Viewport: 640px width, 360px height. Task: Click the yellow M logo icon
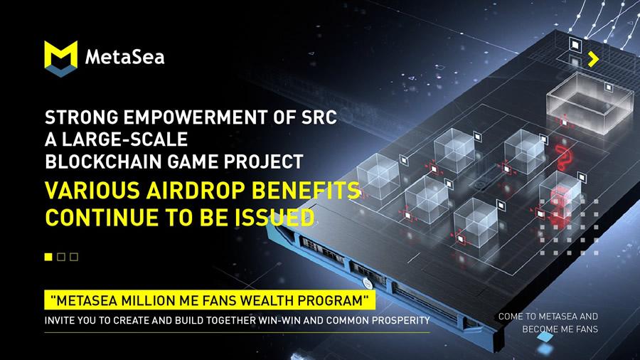(61, 58)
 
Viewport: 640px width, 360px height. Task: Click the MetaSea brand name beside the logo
(125, 57)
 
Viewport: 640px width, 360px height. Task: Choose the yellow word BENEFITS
(306, 190)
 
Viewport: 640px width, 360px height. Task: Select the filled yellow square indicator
(48, 257)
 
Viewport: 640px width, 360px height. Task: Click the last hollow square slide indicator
(74, 257)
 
